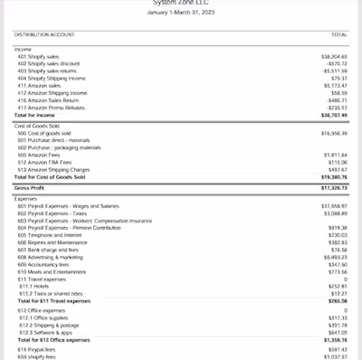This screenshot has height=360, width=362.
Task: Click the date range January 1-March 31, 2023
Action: click(x=181, y=12)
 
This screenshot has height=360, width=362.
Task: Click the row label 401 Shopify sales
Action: click(x=43, y=55)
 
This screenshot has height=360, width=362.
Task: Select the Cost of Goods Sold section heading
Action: click(x=41, y=127)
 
